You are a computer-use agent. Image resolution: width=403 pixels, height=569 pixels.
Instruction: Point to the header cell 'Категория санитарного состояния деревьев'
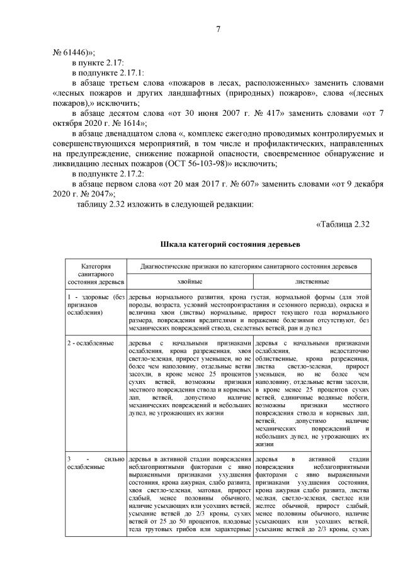96,274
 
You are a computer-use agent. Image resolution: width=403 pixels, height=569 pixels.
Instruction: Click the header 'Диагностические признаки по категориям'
251,268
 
